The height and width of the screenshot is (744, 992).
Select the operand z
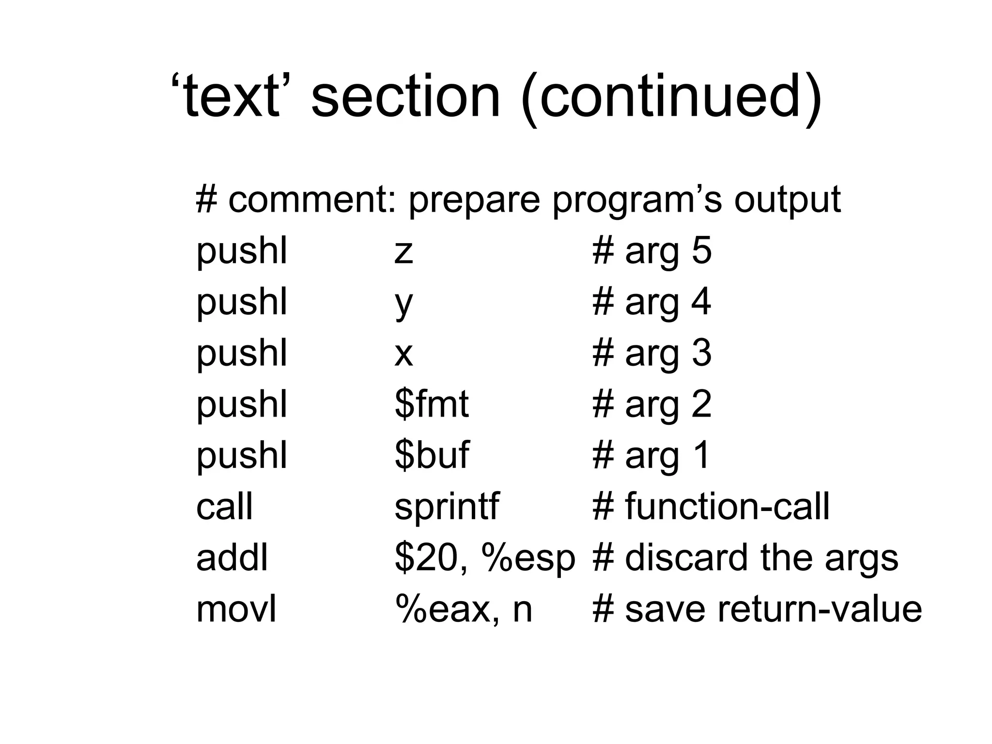tap(403, 252)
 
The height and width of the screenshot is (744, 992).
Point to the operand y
tap(403, 304)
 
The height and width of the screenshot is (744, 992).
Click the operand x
tap(403, 354)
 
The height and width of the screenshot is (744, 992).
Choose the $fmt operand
tap(431, 404)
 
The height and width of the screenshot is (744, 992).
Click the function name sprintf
tap(446, 507)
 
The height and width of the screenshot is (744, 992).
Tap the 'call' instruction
tap(224, 507)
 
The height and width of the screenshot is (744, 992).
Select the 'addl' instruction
tap(232, 558)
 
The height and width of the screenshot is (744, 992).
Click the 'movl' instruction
tap(236, 609)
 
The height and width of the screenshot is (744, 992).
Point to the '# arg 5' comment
tap(651, 252)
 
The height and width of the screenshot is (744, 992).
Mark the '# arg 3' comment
tap(651, 354)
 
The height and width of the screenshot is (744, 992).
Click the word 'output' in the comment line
tap(787, 201)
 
